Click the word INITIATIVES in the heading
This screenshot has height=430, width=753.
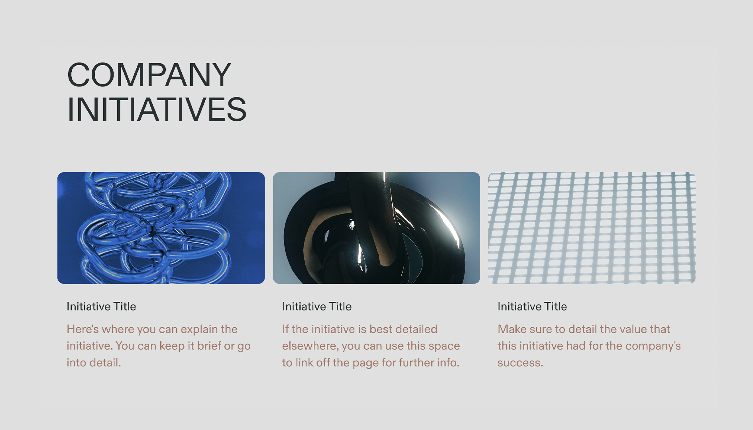pyautogui.click(x=157, y=109)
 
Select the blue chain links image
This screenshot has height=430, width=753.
pyautogui.click(x=161, y=228)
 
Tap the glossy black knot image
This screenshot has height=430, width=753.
pyautogui.click(x=376, y=228)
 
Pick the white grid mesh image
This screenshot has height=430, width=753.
pyautogui.click(x=592, y=228)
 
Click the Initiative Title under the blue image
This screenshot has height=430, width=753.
pyautogui.click(x=101, y=306)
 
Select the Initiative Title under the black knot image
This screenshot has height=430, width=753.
pyautogui.click(x=317, y=306)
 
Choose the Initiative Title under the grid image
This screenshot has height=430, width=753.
pyautogui.click(x=532, y=306)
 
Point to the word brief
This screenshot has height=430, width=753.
pyautogui.click(x=209, y=346)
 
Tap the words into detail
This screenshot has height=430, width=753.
pyautogui.click(x=94, y=363)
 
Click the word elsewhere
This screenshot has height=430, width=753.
pyautogui.click(x=310, y=346)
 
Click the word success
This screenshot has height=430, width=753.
pyautogui.click(x=520, y=363)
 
